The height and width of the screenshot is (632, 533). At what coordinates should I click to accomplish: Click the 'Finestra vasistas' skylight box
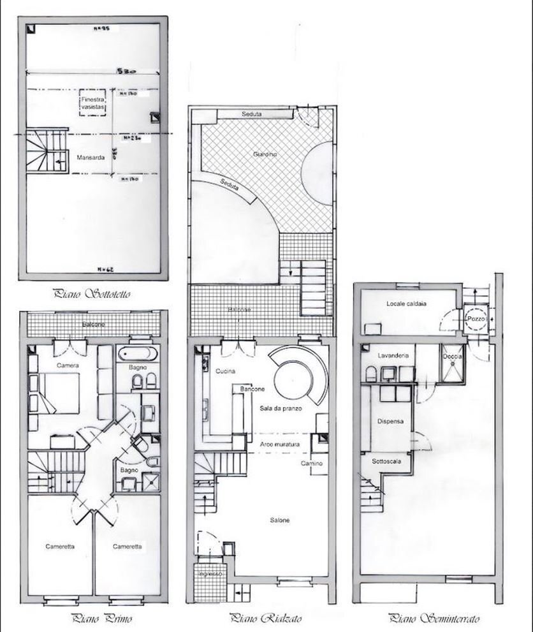pos(92,105)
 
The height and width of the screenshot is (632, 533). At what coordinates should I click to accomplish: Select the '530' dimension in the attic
pos(126,73)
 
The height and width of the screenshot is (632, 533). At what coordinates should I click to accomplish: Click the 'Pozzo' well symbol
pos(475,318)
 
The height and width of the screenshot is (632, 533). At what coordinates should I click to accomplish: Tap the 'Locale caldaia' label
pos(406,304)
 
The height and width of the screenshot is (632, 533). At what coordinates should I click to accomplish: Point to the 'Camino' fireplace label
pos(312,464)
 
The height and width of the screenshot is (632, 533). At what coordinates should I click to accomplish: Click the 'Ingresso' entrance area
pos(210,575)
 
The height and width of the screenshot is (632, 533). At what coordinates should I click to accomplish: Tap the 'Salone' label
pos(279,520)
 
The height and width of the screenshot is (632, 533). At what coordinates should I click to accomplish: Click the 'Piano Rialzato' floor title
pos(266,618)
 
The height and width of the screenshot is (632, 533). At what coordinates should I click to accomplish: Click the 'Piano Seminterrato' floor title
pos(434,618)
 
